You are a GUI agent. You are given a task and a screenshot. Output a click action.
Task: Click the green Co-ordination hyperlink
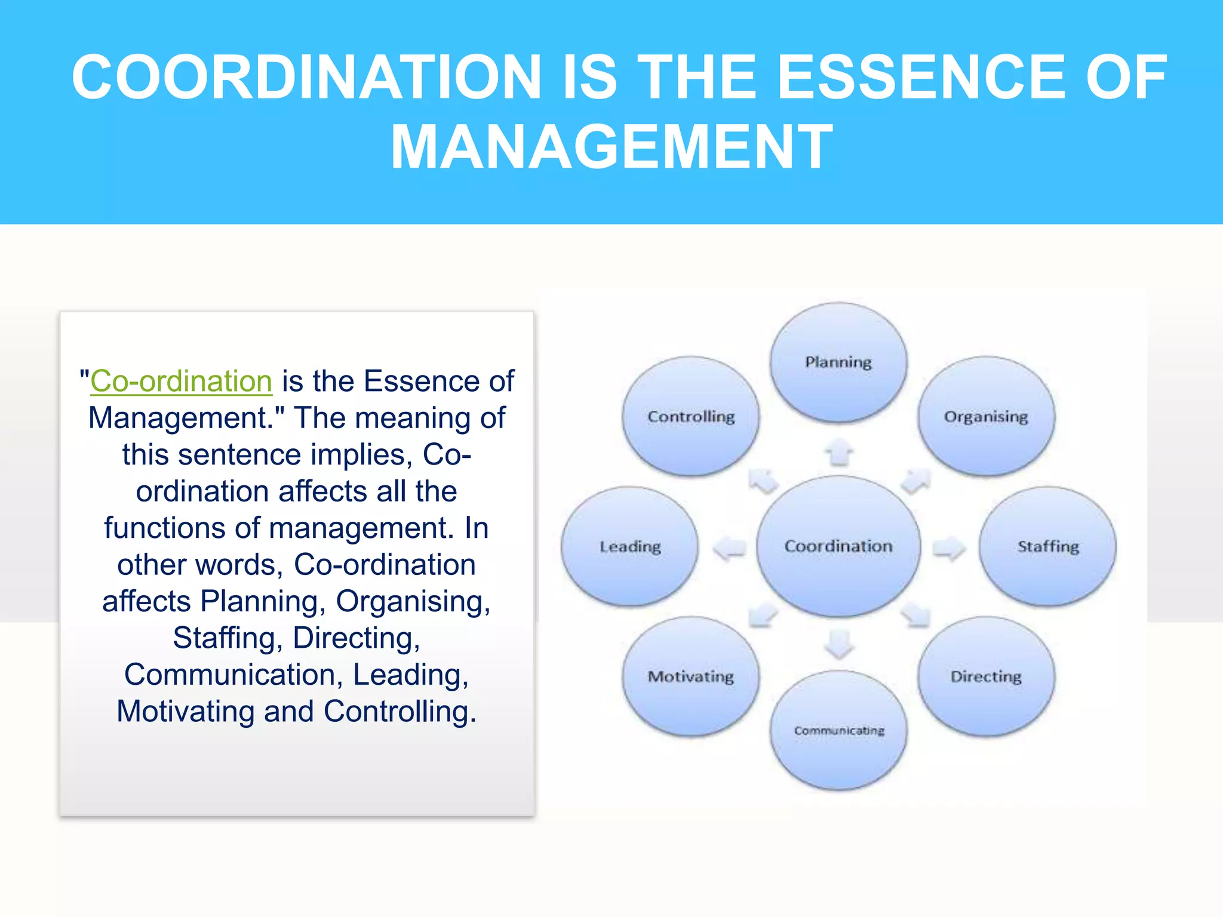181,381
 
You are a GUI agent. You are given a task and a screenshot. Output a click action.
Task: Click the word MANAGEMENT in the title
611,147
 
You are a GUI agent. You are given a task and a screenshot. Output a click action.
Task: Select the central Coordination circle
838,546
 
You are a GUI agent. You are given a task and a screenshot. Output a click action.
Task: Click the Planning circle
838,362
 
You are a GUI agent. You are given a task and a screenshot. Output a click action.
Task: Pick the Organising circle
986,416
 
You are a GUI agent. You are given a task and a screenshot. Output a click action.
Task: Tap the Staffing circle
1048,546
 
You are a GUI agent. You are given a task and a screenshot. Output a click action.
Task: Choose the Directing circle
986,676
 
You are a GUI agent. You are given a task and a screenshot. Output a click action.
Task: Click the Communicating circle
838,730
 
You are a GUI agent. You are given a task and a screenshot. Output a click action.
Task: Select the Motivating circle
691,676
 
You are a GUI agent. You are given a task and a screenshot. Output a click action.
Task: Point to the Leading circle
630,546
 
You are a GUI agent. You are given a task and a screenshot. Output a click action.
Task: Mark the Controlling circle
691,416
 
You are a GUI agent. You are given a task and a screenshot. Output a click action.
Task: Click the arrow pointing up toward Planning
839,452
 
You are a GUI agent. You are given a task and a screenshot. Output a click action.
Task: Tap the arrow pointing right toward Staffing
949,547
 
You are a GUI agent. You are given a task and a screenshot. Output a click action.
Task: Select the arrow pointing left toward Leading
730,547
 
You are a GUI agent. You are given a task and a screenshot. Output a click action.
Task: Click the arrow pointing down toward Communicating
839,644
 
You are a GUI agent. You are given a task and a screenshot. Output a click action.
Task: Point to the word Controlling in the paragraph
400,712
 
